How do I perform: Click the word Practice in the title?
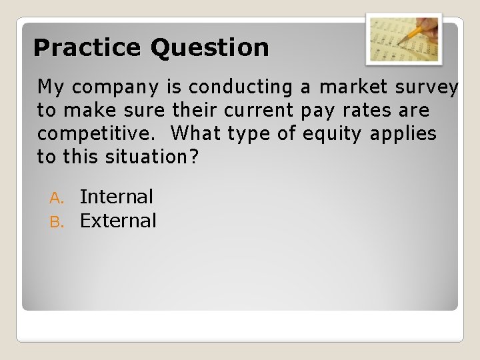point(88,48)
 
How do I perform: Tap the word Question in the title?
point(210,48)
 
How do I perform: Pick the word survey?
point(433,87)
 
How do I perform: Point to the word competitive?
point(96,134)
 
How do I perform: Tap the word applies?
point(403,134)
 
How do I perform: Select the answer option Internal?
point(116,197)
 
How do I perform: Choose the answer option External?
point(118,221)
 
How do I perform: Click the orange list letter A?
point(56,198)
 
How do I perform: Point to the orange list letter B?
point(56,222)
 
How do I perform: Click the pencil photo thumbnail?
point(404,39)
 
